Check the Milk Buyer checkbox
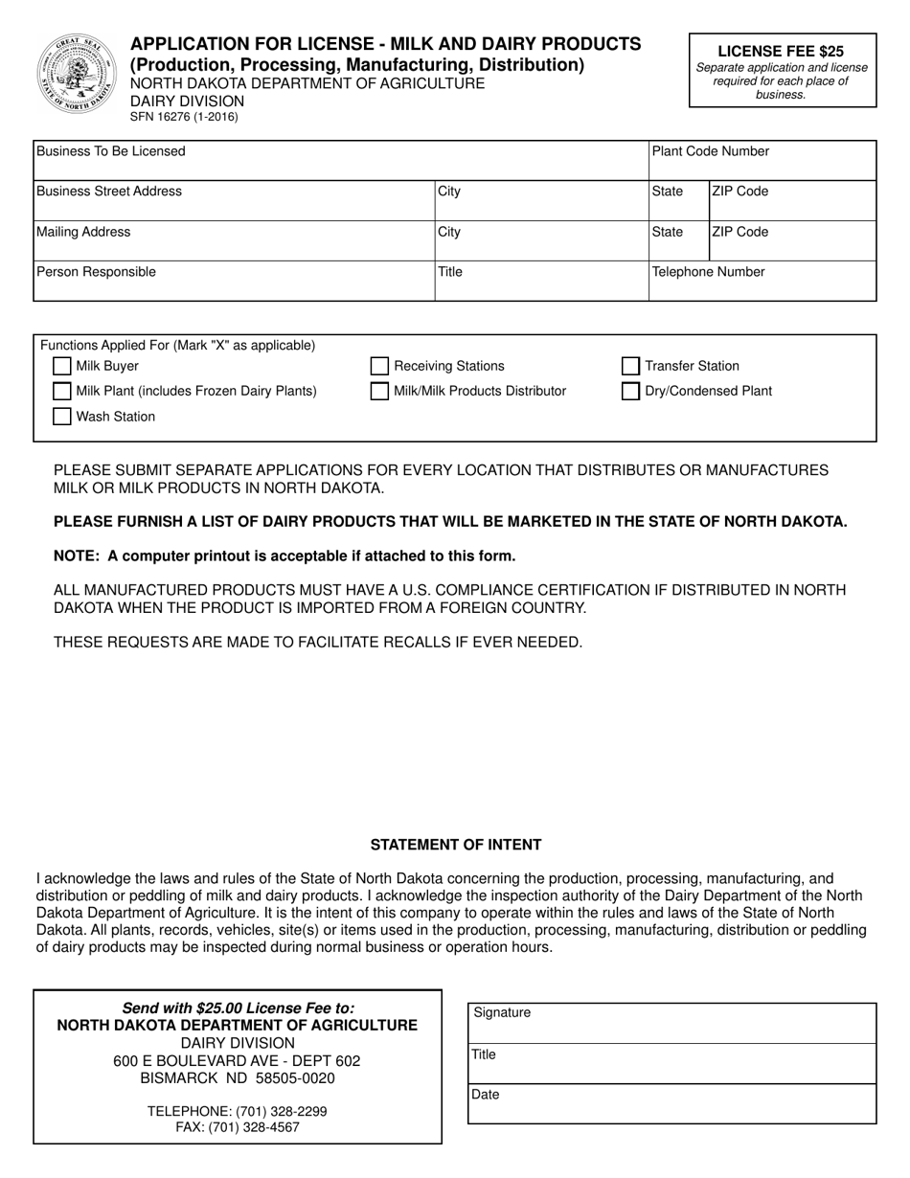(62, 366)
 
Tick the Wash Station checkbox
(62, 417)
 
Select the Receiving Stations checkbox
(380, 366)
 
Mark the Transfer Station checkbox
(630, 366)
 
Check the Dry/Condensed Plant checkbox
(630, 391)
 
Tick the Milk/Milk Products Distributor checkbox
(380, 391)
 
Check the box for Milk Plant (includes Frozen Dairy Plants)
(62, 391)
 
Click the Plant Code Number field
(762, 165)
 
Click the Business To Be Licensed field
(340, 165)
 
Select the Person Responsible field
(234, 285)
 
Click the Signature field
(672, 1027)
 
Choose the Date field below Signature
(672, 1107)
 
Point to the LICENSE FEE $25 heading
(781, 52)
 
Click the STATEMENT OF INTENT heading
(456, 845)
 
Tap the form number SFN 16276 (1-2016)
(185, 117)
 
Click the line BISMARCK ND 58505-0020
(238, 1078)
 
